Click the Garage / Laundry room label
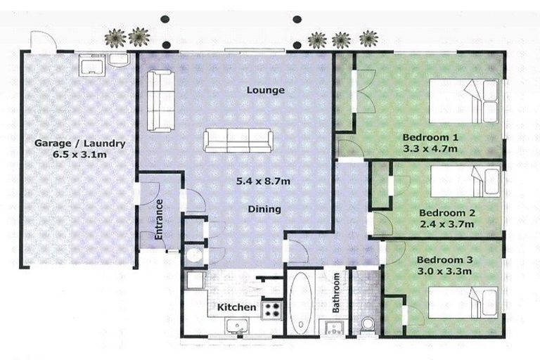[x=80, y=143]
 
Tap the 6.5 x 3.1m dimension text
[x=80, y=156]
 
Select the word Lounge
[x=265, y=90]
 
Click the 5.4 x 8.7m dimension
[x=264, y=181]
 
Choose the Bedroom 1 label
[x=431, y=136]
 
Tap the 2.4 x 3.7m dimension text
[x=446, y=224]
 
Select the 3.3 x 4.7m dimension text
[x=431, y=148]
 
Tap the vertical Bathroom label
[x=337, y=293]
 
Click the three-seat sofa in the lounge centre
[x=238, y=140]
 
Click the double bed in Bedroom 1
[x=464, y=101]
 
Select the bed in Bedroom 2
[x=464, y=181]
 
